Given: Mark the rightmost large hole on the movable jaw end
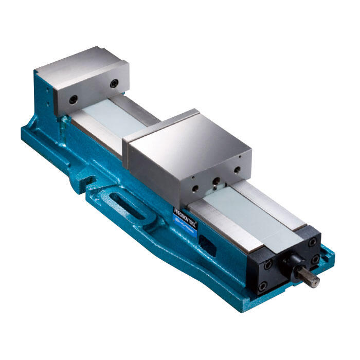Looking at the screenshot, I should tap(237, 170).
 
